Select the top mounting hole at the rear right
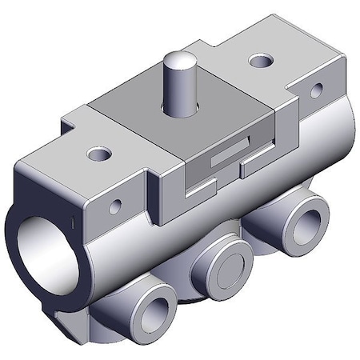click(x=259, y=61)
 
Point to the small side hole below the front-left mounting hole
click(x=115, y=207)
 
